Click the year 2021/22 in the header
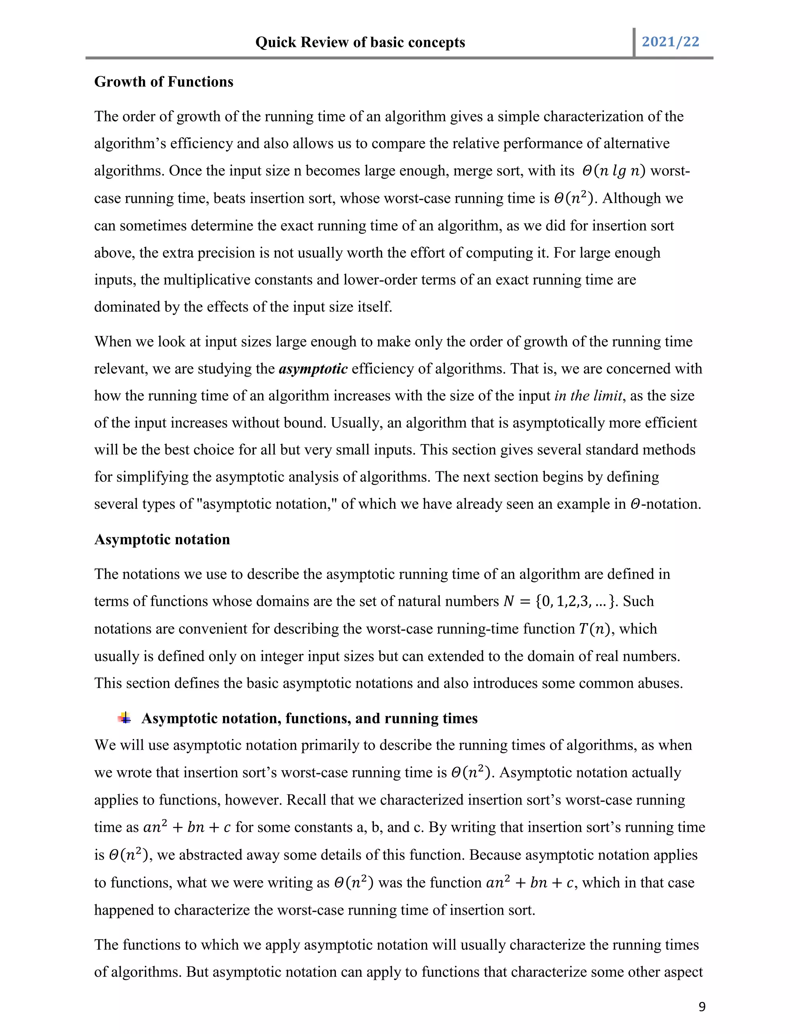670,42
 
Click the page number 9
702,1007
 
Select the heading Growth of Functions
164,82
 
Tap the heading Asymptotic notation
162,539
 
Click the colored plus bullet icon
125,718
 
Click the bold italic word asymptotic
313,369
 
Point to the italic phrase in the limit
587,396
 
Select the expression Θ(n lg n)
613,171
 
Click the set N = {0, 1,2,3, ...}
560,601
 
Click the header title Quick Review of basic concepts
360,43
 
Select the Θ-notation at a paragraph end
665,504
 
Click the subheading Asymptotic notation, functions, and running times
309,718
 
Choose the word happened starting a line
124,910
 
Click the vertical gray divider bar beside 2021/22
634,43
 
